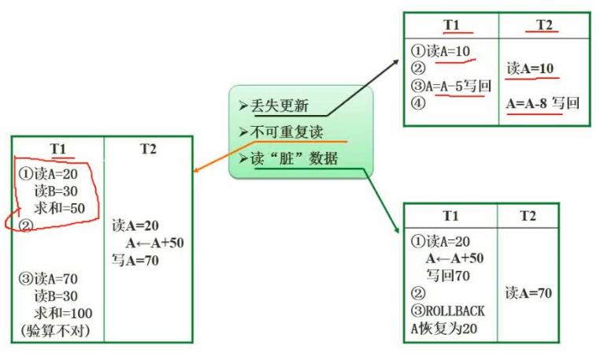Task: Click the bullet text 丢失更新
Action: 280,106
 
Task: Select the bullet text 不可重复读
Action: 287,132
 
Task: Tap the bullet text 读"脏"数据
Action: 294,158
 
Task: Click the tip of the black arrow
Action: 398,60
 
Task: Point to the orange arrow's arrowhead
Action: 194,171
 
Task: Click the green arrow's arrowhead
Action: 398,232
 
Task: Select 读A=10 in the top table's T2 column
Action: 530,69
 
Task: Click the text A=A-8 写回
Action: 543,103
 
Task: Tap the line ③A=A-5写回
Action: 450,86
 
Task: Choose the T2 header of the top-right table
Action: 544,25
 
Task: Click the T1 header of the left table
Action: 57,149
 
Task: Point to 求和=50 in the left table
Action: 59,208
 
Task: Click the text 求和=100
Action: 63,314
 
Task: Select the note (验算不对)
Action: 56,331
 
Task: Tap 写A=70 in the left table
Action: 135,261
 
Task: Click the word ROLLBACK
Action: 455,311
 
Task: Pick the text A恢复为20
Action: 444,328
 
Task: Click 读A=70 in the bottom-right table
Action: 528,293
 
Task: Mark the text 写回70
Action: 448,276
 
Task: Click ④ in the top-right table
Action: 418,103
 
